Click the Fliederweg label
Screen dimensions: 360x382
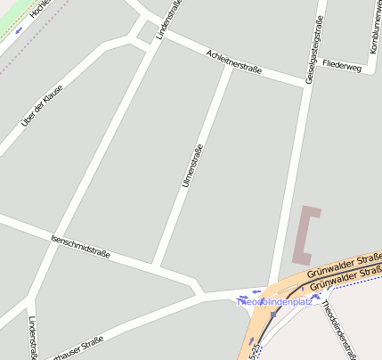(343, 68)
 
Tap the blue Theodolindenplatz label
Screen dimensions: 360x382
(276, 302)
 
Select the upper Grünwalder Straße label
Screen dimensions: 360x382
(343, 265)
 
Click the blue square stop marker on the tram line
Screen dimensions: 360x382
(273, 314)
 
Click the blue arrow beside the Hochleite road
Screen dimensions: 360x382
(20, 30)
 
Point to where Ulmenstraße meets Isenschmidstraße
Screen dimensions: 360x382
(155, 266)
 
